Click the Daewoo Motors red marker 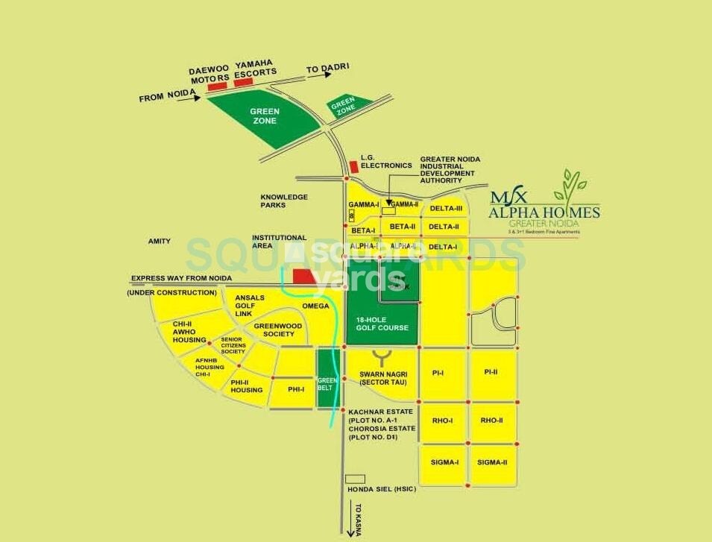click(217, 87)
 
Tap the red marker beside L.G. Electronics click(353, 166)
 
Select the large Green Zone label click(265, 116)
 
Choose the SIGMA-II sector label click(492, 462)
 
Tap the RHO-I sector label click(442, 420)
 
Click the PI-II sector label click(491, 372)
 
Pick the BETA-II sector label click(402, 226)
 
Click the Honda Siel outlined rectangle click(356, 478)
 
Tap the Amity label click(159, 242)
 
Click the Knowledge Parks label click(284, 201)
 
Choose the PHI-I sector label click(296, 388)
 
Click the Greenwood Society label click(277, 330)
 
